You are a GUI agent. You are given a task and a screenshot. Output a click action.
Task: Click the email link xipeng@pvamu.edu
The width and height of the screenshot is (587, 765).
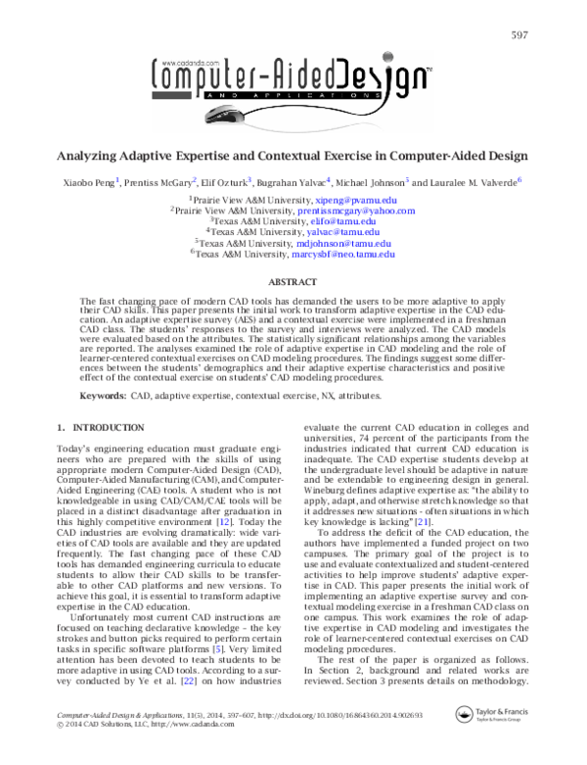tap(348, 199)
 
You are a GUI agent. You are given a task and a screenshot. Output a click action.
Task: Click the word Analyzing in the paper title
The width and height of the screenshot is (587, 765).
tap(91, 155)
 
